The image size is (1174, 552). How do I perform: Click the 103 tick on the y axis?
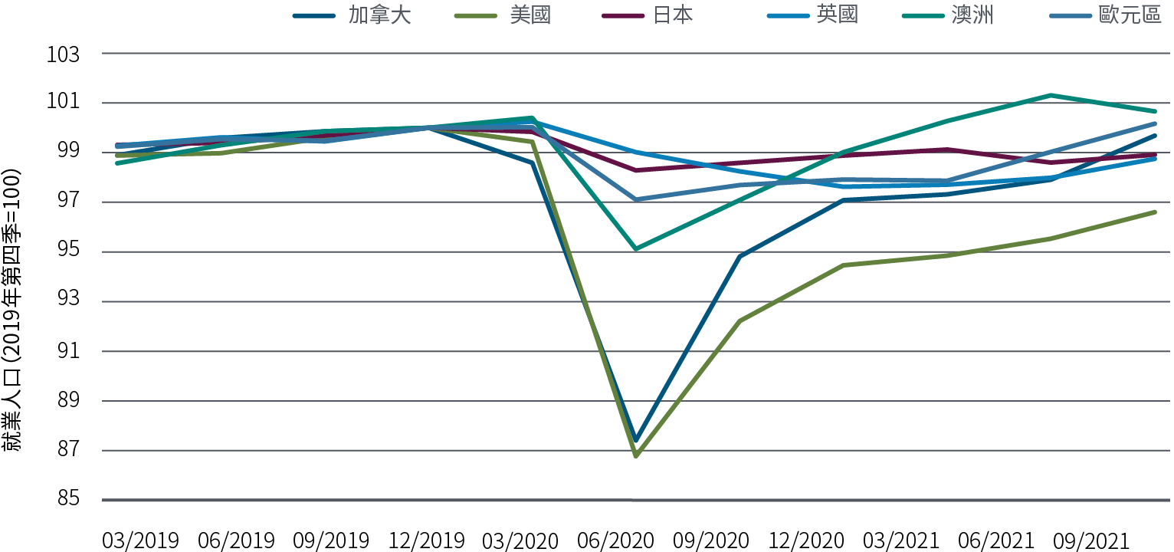[64, 54]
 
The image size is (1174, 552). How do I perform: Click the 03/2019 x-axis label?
[140, 540]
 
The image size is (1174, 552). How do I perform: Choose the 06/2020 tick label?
[616, 540]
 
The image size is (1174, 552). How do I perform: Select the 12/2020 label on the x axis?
[806, 540]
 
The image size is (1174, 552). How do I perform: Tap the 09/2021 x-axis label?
[1091, 540]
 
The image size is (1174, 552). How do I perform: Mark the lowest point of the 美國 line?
[636, 455]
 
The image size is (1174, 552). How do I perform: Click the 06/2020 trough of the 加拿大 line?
[636, 441]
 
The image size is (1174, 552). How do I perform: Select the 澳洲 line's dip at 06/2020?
[636, 248]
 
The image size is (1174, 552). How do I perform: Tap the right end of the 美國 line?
[1154, 212]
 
